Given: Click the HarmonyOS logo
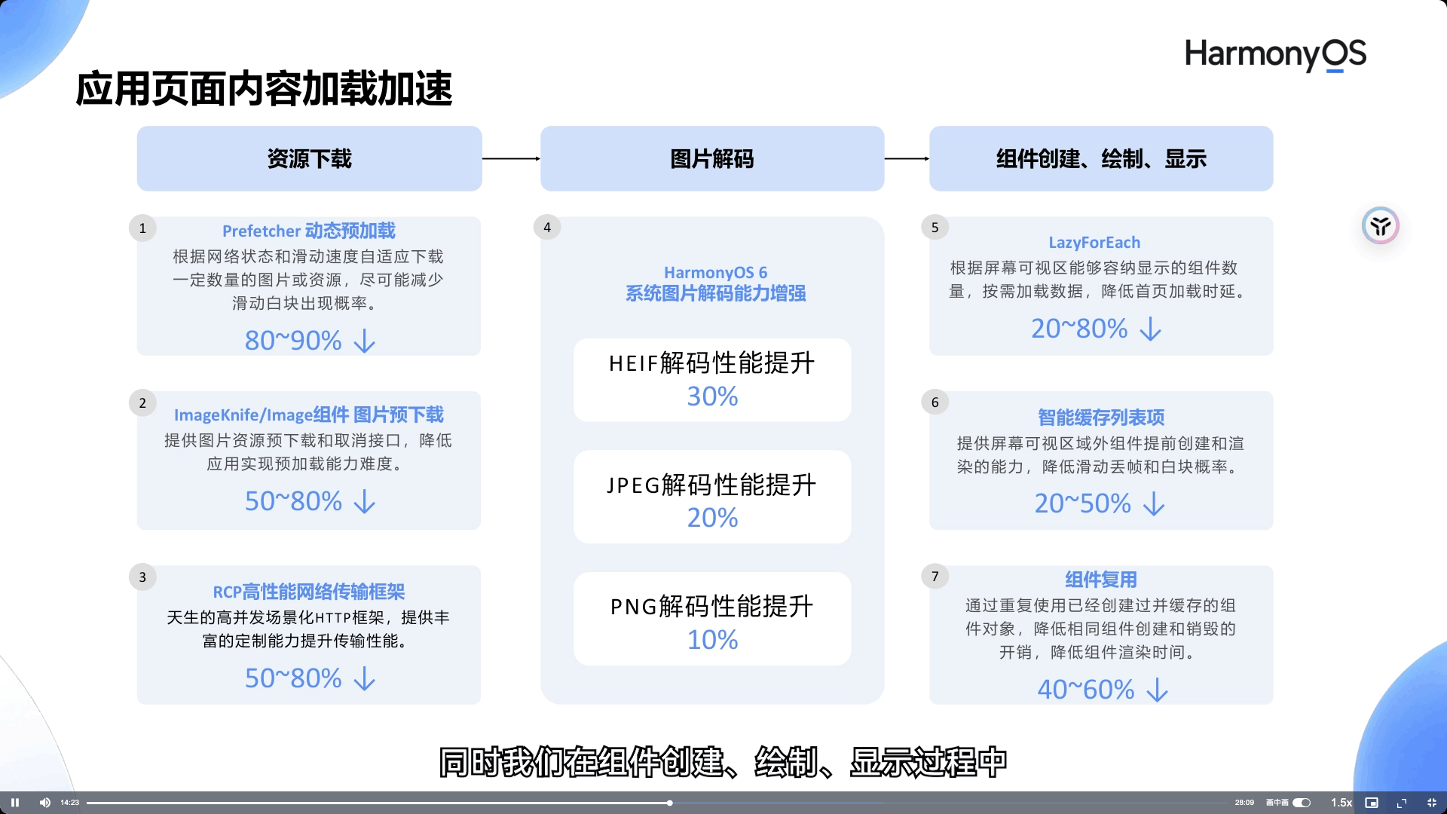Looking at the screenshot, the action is (x=1275, y=55).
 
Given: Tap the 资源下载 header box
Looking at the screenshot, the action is (x=309, y=158).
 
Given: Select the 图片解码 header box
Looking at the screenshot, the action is (x=712, y=158).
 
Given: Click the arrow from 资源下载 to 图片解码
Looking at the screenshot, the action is (x=511, y=158).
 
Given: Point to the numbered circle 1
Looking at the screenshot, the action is (x=142, y=228).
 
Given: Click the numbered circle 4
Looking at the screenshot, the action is (x=547, y=227).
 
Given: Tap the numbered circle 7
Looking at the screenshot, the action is (x=935, y=577).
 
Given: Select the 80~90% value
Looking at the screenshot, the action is (x=293, y=341).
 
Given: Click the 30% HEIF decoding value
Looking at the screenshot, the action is (x=712, y=396).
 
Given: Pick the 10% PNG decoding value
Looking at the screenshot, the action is (x=712, y=640).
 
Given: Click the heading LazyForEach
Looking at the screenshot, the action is (x=1094, y=243).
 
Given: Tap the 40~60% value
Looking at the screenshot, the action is (x=1086, y=690).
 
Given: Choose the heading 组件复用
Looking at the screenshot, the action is (x=1100, y=580).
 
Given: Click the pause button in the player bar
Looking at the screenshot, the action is (x=15, y=803).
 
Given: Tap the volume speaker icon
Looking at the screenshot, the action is (x=45, y=803).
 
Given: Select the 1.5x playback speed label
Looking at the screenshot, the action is (x=1341, y=803).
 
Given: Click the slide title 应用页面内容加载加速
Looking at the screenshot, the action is (x=264, y=89).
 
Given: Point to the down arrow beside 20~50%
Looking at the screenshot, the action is (x=1154, y=504).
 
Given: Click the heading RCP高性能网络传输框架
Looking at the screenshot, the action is (x=309, y=592).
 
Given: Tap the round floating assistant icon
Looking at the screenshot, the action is (x=1380, y=225).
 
